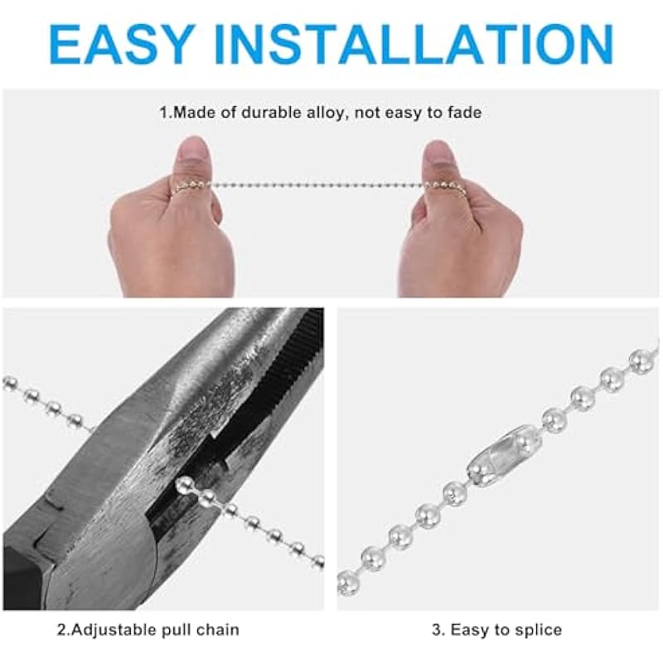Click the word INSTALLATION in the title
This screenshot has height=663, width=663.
[x=414, y=45]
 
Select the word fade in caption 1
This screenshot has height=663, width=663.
[x=463, y=113]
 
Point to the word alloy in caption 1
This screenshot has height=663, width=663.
[x=327, y=114]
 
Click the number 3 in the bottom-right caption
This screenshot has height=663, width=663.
[x=437, y=630]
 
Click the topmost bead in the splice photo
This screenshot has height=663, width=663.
[x=641, y=360]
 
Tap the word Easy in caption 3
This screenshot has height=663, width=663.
[x=472, y=631]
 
